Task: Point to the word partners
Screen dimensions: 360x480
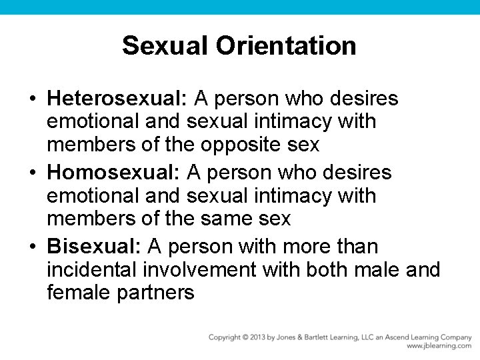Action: (x=156, y=292)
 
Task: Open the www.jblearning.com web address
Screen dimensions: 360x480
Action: (x=439, y=346)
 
